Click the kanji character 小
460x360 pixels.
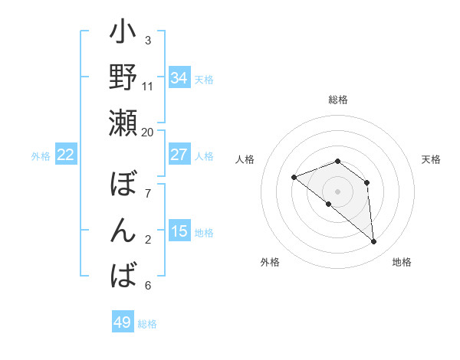pos(123,34)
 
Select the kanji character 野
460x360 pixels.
pos(123,79)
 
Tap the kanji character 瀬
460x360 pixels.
pos(123,123)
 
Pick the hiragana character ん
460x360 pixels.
pos(123,229)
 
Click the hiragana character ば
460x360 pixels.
pos(123,273)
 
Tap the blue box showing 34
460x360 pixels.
pos(179,78)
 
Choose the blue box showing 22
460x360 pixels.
pos(66,155)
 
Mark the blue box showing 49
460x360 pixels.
pos(123,322)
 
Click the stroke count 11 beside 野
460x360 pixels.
pos(148,86)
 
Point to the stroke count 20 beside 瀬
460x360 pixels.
pos(147,132)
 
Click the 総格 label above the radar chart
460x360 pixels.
pos(337,100)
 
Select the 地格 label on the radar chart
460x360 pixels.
pos(402,263)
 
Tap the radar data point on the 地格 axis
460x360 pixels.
pos(374,242)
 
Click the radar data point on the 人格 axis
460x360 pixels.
pos(294,178)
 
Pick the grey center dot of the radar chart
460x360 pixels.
pos(337,191)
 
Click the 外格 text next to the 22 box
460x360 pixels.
pos(41,156)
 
